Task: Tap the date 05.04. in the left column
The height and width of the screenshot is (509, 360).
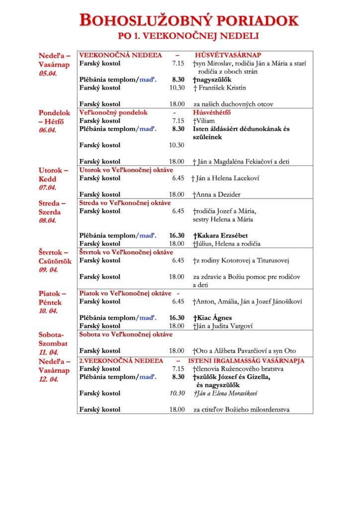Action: pos(48,73)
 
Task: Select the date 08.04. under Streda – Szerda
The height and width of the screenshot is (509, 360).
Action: pos(48,220)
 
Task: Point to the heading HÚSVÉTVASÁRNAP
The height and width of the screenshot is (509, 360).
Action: pos(228,55)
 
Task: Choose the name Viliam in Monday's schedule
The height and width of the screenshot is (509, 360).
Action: pos(207,120)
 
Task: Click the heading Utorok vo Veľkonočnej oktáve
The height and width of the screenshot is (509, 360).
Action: pos(125,170)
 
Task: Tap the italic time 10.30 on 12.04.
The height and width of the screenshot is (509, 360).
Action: pos(177,393)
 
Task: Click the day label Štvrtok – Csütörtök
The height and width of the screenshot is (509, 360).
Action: pos(55,257)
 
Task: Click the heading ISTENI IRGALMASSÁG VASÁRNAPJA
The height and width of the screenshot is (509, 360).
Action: pos(246,361)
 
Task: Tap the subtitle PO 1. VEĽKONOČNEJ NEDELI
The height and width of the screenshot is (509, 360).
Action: pos(188,36)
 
